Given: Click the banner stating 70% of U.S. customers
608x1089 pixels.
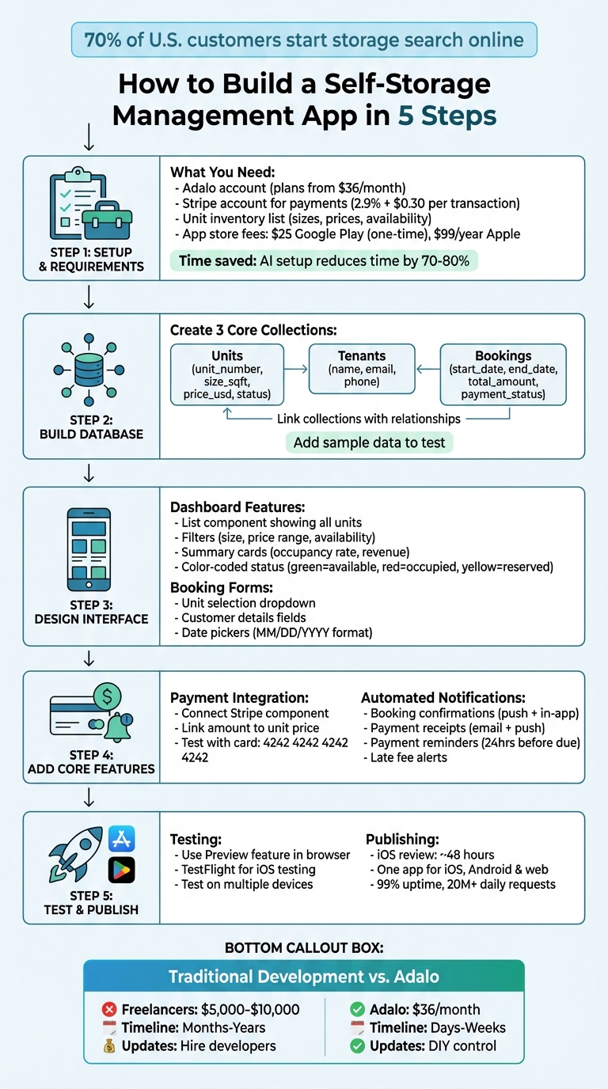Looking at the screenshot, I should [304, 40].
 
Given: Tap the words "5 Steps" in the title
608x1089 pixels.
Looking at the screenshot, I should [446, 116].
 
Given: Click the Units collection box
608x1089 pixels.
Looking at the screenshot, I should [227, 374].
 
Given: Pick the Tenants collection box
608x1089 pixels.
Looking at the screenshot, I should [362, 368].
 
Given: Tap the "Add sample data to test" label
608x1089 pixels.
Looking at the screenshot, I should [369, 442].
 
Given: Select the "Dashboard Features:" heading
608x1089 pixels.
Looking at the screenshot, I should [238, 507].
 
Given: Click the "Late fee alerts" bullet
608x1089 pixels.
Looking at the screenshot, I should [408, 757].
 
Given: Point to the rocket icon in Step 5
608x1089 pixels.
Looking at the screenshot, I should [76, 855].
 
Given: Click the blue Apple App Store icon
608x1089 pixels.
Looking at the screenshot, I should [122, 839].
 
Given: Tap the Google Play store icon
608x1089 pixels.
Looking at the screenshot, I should [122, 870].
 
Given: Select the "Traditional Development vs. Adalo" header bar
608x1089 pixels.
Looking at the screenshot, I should [304, 977].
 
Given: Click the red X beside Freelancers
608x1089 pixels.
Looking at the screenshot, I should [109, 1009].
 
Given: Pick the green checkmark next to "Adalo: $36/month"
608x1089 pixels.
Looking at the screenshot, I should [357, 1009].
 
